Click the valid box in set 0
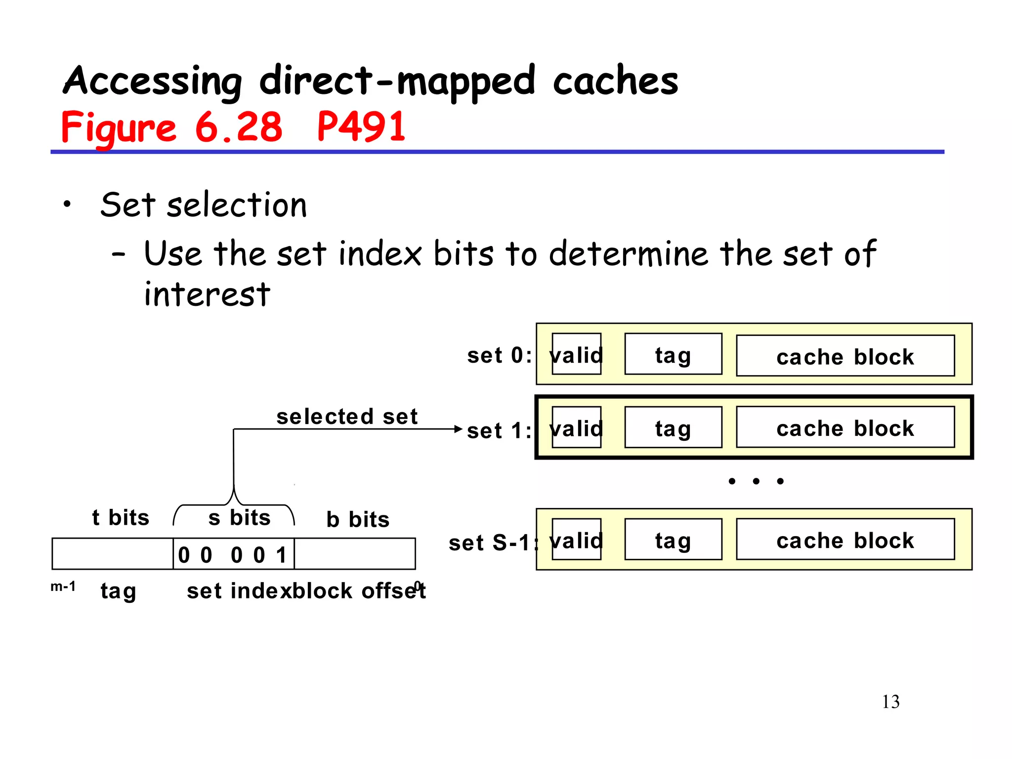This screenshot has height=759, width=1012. coord(576,354)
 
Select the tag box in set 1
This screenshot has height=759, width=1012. coord(673,427)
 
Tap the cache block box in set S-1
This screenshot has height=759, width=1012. coord(845,539)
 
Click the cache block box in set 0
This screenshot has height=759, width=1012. coord(845,356)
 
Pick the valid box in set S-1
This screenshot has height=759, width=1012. coord(576,539)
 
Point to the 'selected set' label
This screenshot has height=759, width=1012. coord(347,417)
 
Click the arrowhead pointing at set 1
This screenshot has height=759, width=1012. coord(459,429)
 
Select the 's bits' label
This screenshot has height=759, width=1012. coord(239,518)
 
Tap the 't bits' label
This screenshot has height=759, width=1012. coord(121,518)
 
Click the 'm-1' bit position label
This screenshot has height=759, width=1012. coord(63,587)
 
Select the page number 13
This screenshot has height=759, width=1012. coord(890,702)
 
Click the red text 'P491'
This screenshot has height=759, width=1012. coord(361,127)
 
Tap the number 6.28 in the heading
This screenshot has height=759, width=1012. coord(238,127)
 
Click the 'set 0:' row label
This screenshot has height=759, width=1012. coord(499,356)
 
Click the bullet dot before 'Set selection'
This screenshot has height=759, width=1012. coord(67,204)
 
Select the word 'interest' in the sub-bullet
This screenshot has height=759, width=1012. coord(207,295)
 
